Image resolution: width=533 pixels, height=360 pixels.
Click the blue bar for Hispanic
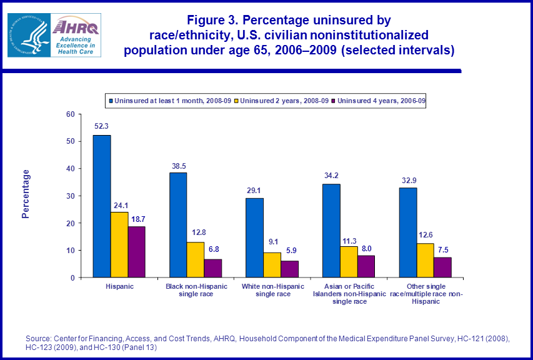[x=102, y=206]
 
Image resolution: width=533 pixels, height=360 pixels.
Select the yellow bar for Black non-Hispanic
[x=196, y=259]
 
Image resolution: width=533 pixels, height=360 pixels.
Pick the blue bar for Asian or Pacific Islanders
[x=332, y=231]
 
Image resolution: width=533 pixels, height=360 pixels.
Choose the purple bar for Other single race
[x=442, y=267]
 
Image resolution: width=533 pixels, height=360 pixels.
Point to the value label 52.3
[x=102, y=126]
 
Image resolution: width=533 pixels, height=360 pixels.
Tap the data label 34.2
[x=332, y=174]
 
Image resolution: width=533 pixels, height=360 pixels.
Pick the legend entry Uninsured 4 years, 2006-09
[x=381, y=101]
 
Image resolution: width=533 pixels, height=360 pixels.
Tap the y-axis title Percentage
[x=26, y=194]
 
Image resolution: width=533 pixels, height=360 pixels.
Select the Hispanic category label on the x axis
[x=119, y=286]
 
